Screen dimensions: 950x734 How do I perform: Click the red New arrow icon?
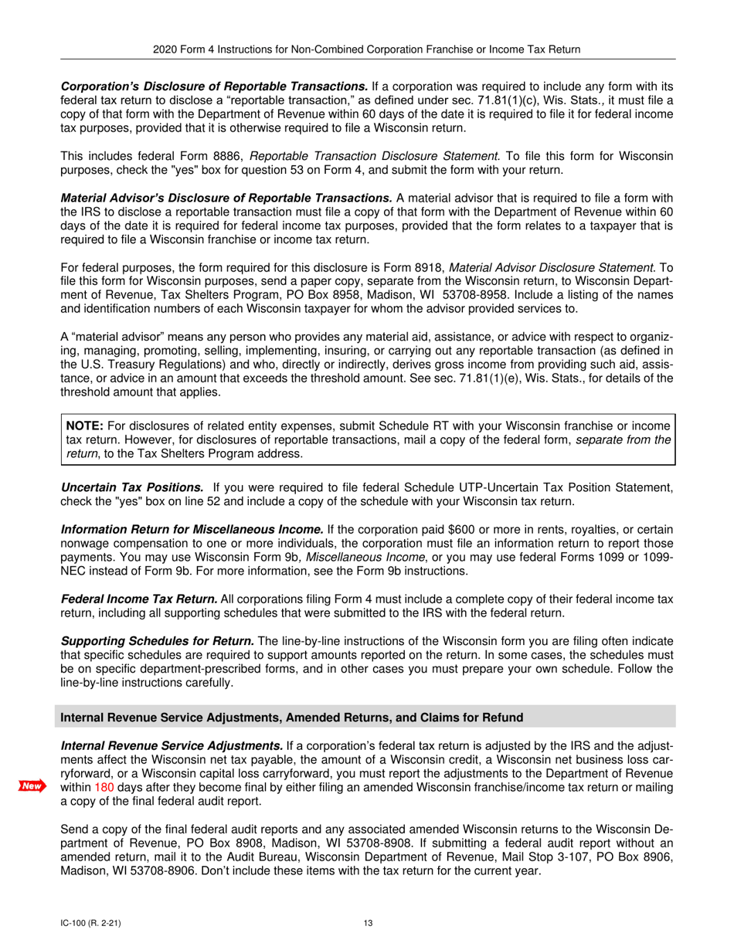point(31,786)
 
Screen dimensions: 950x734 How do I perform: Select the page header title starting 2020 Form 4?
point(367,49)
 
